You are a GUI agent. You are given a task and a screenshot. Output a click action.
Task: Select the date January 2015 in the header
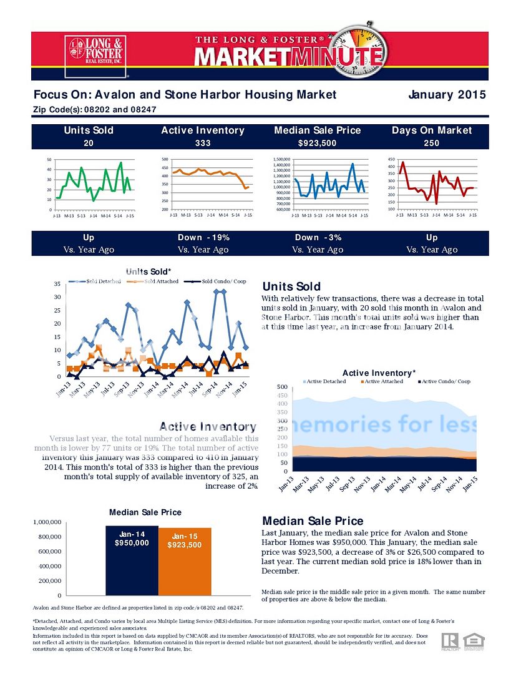[x=447, y=95]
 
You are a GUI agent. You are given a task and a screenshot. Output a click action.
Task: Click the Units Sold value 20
[x=89, y=144]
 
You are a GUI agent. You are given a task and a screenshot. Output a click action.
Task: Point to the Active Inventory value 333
[x=203, y=144]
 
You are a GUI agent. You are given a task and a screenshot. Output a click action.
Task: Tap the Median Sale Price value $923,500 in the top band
[x=317, y=144]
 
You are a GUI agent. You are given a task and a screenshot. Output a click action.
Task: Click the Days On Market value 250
[x=432, y=144]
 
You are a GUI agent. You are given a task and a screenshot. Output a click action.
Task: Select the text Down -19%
[x=203, y=238]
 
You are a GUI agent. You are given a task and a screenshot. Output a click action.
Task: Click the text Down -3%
[x=317, y=238]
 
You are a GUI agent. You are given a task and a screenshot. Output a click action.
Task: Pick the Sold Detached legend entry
[x=100, y=281]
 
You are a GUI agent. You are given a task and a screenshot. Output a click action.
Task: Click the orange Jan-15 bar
[x=185, y=562]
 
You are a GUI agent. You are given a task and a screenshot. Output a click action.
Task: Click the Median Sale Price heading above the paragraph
[x=313, y=521]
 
